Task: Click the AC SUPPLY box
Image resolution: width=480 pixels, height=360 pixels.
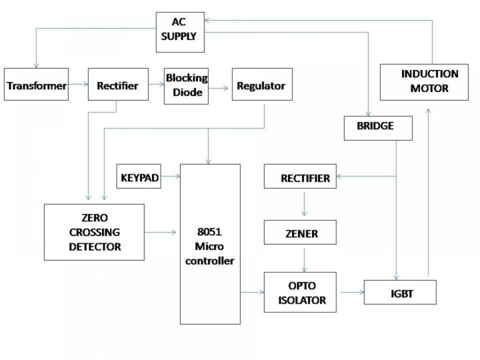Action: [181, 29]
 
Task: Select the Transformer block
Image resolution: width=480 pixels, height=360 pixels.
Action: [36, 85]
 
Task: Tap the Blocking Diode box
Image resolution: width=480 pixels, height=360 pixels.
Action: [186, 85]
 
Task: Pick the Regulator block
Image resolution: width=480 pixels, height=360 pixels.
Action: [261, 86]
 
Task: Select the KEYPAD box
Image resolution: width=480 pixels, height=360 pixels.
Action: [138, 177]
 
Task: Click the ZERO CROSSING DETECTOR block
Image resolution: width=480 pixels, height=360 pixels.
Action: [94, 232]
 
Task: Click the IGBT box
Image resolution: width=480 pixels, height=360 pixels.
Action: [399, 292]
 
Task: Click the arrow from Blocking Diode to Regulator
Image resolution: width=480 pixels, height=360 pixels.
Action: [219, 89]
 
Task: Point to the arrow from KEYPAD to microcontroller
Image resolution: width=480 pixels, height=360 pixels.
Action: [169, 177]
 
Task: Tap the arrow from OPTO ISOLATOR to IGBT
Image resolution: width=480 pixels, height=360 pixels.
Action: [350, 292]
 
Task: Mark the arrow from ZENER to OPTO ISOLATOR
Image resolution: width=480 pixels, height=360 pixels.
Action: [304, 258]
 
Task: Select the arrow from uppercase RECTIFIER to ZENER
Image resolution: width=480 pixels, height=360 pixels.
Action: [304, 204]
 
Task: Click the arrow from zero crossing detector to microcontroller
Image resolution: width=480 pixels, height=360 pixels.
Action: [161, 232]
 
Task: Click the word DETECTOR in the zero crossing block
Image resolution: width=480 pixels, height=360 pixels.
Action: [94, 246]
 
